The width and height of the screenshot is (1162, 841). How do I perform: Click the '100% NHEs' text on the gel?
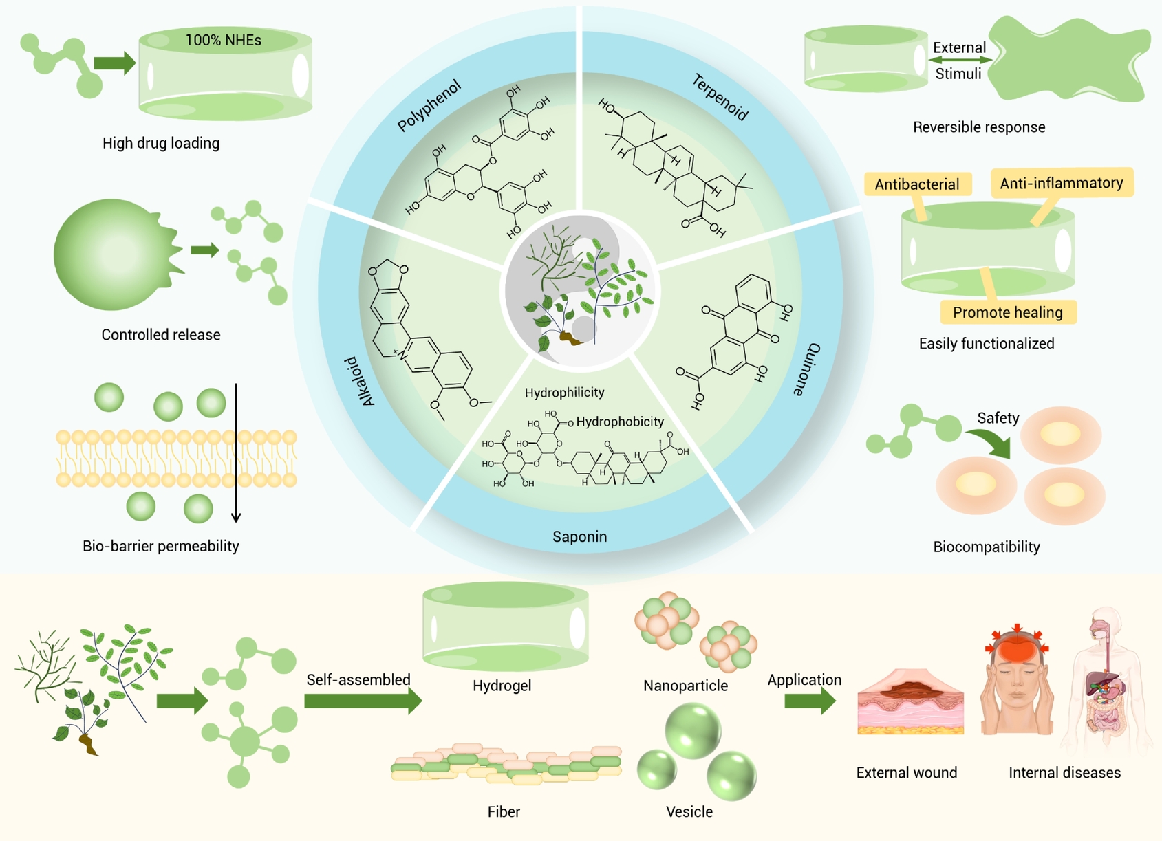click(223, 40)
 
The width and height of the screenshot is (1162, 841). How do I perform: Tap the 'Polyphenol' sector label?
click(429, 106)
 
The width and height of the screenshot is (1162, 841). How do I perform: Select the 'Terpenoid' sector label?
click(720, 97)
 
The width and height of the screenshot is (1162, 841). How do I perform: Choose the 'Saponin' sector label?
click(579, 536)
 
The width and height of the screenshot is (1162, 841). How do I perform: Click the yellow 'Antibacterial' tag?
click(917, 184)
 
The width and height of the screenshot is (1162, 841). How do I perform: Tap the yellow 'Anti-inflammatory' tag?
click(1062, 182)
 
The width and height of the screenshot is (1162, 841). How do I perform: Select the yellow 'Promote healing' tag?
click(1008, 312)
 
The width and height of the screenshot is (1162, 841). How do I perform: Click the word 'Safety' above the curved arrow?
click(998, 418)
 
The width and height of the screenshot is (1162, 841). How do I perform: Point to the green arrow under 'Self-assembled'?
click(363, 701)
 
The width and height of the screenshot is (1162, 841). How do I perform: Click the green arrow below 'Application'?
click(810, 701)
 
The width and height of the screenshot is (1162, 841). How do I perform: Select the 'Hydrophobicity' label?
click(620, 422)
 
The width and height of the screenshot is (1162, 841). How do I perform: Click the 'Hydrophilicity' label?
click(564, 393)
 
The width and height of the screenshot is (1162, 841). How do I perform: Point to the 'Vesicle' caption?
click(689, 811)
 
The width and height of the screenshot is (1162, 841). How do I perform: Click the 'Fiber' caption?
click(503, 811)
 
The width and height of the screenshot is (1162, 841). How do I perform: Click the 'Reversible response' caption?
click(979, 127)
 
